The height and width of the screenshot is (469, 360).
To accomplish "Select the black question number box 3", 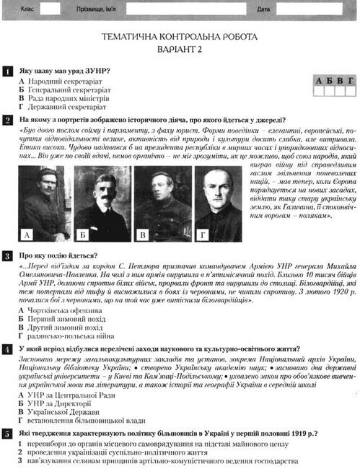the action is (x=6, y=255).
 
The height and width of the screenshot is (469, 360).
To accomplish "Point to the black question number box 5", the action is (x=6, y=432).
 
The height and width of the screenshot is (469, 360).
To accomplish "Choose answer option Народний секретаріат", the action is (x=63, y=82).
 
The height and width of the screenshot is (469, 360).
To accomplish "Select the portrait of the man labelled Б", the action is (x=102, y=204).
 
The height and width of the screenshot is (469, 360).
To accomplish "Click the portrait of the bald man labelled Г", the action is (x=218, y=204).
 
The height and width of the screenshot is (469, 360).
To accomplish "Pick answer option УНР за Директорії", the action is (x=58, y=404).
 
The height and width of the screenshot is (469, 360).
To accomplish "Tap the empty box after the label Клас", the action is (x=50, y=9).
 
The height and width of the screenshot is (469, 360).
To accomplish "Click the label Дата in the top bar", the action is (x=263, y=9).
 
